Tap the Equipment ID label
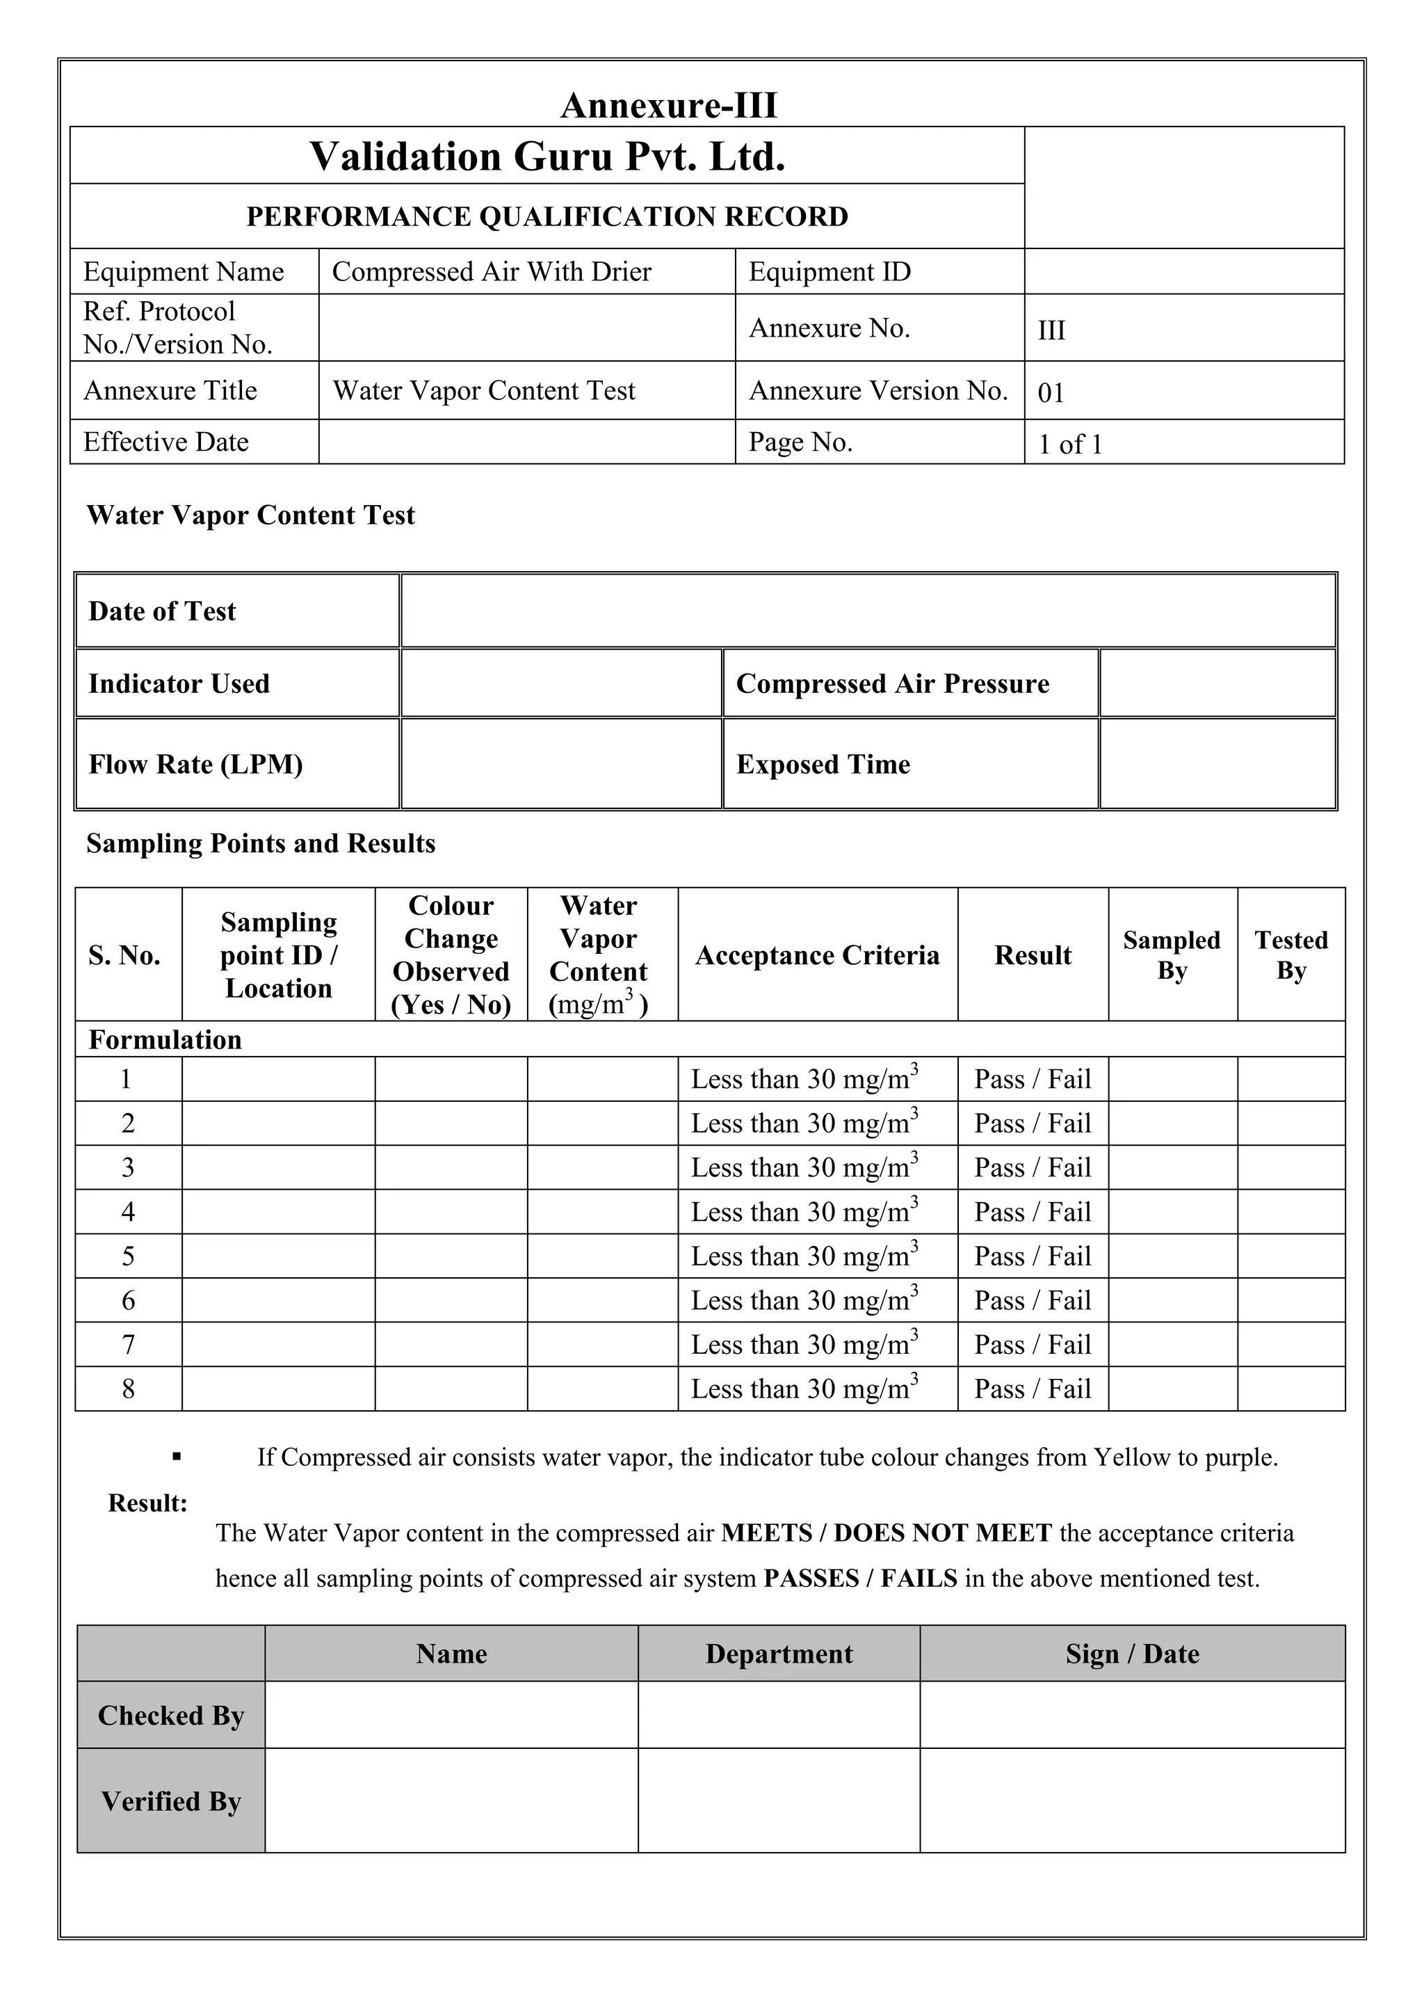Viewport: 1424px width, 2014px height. click(x=829, y=272)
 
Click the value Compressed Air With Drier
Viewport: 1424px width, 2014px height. click(x=491, y=272)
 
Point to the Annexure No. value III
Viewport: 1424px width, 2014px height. click(x=1051, y=330)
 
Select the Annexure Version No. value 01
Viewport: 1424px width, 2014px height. click(x=1050, y=392)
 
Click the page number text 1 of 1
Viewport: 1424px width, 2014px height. click(x=1070, y=444)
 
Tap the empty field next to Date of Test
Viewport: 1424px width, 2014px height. click(x=867, y=611)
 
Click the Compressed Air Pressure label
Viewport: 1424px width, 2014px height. click(x=892, y=683)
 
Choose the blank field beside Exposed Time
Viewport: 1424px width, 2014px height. click(x=1217, y=763)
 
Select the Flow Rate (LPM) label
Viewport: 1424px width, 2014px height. click(x=195, y=764)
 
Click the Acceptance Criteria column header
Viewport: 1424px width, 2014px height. click(x=816, y=954)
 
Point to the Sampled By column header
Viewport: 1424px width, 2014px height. click(x=1172, y=954)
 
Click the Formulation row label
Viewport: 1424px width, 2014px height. click(x=165, y=1039)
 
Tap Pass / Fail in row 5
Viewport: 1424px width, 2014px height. click(x=1032, y=1256)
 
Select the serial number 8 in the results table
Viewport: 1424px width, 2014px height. click(x=128, y=1389)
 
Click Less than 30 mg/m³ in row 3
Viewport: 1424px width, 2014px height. click(x=803, y=1167)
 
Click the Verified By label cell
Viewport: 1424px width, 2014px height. click(x=171, y=1801)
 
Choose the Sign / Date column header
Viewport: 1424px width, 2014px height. click(x=1131, y=1654)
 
